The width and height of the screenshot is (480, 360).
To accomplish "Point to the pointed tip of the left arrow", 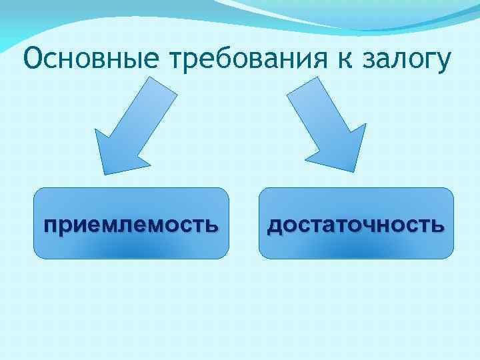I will [x=105, y=173].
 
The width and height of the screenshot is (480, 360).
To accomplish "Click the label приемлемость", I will [x=131, y=224].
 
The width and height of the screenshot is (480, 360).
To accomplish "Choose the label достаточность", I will [x=355, y=225].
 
